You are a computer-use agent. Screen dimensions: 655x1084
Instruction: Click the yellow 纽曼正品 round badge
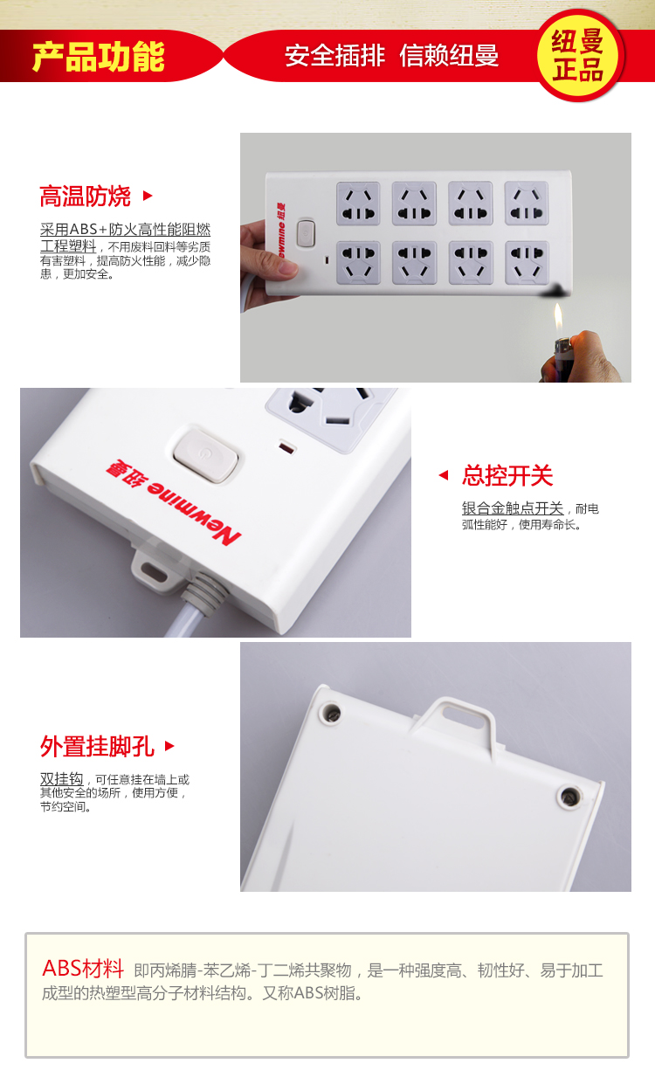tap(577, 55)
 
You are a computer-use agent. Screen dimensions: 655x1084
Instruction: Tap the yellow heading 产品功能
tap(98, 57)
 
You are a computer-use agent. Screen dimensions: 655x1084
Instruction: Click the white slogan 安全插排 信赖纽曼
tap(391, 55)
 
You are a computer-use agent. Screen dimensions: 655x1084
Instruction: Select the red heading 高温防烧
tap(85, 196)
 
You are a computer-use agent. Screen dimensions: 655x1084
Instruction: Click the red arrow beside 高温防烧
tap(148, 196)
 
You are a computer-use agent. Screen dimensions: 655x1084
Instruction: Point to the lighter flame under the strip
tap(558, 318)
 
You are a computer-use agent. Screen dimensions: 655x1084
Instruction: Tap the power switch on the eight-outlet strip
tap(306, 233)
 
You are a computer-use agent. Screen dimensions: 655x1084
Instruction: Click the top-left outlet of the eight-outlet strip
tap(358, 204)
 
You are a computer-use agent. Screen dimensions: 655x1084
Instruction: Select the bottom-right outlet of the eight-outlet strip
tap(527, 263)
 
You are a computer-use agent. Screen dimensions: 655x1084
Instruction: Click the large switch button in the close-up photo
tap(206, 455)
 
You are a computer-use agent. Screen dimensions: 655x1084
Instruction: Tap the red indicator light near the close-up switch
tap(286, 447)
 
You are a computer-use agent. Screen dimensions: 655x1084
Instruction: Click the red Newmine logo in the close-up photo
tap(174, 502)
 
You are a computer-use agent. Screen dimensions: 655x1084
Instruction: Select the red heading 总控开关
tap(507, 475)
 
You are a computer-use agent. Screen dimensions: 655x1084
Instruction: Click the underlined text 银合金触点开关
tap(513, 508)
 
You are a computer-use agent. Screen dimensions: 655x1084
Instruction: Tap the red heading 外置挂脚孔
tap(97, 746)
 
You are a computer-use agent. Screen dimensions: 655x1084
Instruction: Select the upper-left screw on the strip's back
tap(332, 713)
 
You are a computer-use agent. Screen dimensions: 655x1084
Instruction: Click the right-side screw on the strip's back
tap(569, 795)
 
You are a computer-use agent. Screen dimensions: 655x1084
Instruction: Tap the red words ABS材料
tap(83, 968)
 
